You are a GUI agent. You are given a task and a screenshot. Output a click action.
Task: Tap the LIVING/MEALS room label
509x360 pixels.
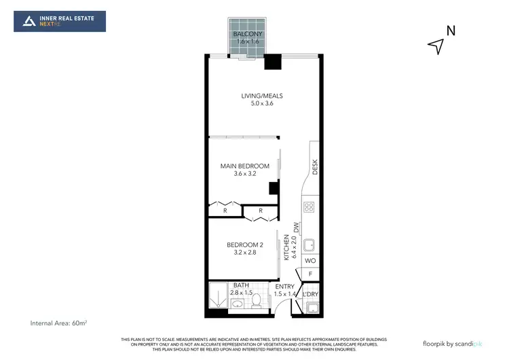(262, 96)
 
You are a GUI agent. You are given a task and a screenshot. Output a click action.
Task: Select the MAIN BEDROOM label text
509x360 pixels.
(245, 166)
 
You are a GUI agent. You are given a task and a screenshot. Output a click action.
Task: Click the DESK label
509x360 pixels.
(315, 166)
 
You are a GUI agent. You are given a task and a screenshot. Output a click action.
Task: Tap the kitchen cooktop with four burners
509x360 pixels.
(309, 207)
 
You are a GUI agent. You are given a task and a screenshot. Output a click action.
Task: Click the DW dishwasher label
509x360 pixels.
(296, 228)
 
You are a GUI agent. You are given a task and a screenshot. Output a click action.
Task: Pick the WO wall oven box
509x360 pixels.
(309, 261)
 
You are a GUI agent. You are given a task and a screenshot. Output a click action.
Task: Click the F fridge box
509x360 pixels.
(309, 274)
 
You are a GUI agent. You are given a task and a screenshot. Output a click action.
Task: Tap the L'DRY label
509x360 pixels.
(309, 294)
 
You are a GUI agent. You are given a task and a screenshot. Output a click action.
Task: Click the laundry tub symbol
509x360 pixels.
(313, 308)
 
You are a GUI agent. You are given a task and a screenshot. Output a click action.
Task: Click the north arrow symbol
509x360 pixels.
(436, 46)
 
